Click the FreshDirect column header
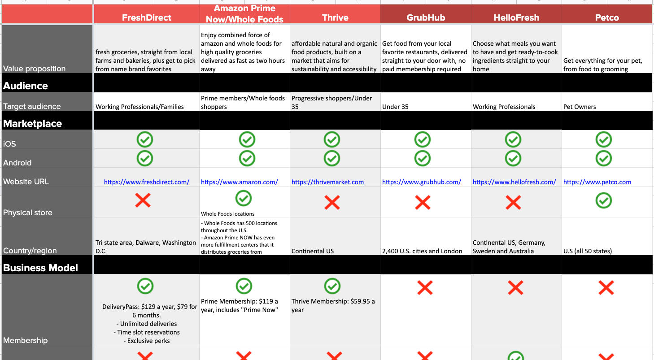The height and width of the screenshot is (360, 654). click(x=147, y=18)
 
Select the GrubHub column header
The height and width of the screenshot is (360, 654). click(x=426, y=18)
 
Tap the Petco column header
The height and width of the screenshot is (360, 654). click(x=606, y=18)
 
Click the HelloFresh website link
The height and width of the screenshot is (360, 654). click(x=514, y=182)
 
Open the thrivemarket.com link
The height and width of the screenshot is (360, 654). click(x=327, y=182)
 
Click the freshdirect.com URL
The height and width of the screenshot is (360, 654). click(x=147, y=182)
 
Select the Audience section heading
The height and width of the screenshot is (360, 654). click(x=26, y=86)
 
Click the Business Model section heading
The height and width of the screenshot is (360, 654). click(x=41, y=268)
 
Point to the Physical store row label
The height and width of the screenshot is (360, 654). click(x=28, y=213)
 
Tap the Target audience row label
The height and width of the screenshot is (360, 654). click(x=32, y=106)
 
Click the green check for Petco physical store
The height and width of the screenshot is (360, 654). click(x=604, y=200)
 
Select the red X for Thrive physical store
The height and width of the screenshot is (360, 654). click(x=332, y=203)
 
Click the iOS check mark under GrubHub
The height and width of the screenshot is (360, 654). click(x=423, y=139)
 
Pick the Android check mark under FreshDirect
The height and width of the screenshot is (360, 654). click(x=145, y=158)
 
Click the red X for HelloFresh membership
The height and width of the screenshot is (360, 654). click(x=515, y=287)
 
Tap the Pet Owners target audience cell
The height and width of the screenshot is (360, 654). click(x=580, y=107)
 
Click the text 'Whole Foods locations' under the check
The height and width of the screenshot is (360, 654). click(x=227, y=214)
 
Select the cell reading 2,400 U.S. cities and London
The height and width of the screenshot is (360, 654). click(x=422, y=251)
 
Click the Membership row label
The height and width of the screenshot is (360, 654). click(x=25, y=340)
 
